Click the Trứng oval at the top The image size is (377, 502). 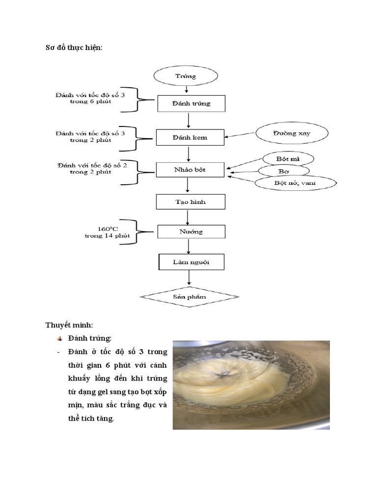(x=186, y=76)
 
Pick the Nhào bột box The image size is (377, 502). (x=190, y=170)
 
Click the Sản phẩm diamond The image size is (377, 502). (x=189, y=297)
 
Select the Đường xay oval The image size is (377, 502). (x=291, y=133)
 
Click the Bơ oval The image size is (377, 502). (x=284, y=171)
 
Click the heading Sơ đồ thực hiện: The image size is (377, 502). (x=74, y=48)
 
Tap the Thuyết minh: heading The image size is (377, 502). (x=69, y=325)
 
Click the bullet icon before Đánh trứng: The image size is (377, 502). (x=59, y=338)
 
